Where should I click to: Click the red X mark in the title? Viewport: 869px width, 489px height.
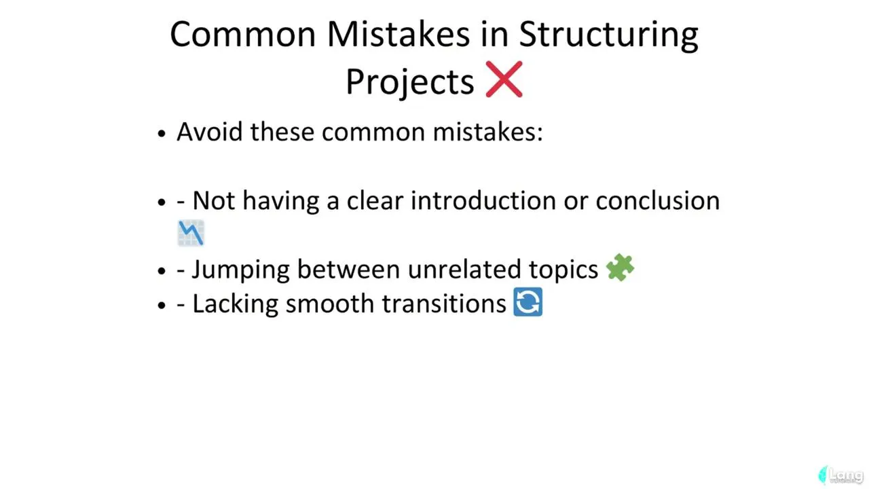(x=504, y=79)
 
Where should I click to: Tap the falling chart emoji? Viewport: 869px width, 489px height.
(x=191, y=233)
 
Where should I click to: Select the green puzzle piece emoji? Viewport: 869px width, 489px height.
(x=620, y=268)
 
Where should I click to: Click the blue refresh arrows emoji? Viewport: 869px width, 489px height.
(x=528, y=302)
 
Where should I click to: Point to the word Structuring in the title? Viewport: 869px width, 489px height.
(x=609, y=35)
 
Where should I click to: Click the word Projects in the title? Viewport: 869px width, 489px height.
(x=409, y=81)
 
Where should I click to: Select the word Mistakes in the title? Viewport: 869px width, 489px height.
(x=399, y=34)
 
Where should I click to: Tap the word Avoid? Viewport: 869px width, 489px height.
(x=210, y=132)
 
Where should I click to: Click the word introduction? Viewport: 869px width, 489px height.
(x=483, y=200)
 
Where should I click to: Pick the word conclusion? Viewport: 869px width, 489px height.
(x=658, y=200)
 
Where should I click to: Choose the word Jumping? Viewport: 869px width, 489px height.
(x=241, y=270)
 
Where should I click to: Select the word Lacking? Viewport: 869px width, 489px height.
(x=236, y=304)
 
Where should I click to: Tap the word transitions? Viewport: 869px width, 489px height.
(x=444, y=304)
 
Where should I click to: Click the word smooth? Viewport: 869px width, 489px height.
(x=330, y=304)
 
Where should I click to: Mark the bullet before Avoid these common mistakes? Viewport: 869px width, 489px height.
(x=162, y=134)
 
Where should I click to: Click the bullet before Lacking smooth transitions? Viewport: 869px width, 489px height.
(x=162, y=306)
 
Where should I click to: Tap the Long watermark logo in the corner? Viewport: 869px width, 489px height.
(x=840, y=475)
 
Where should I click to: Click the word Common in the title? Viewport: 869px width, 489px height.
(x=243, y=34)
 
